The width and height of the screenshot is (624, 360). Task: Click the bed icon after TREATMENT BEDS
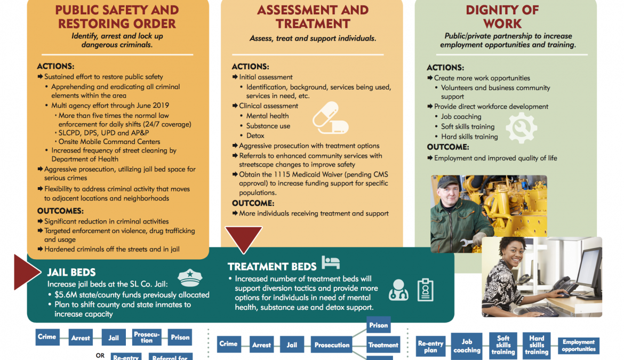[x=331, y=262]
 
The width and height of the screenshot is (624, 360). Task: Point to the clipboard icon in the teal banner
[x=425, y=290]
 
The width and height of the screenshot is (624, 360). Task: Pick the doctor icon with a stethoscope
[x=398, y=290]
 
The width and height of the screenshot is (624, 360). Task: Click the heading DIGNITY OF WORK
[x=502, y=17]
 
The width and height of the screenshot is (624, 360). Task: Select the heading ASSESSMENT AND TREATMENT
[x=313, y=17]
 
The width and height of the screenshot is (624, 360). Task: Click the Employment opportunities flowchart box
[x=578, y=346]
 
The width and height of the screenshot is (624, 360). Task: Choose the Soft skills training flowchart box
[x=503, y=345]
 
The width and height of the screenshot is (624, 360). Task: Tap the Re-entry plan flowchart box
[x=430, y=347]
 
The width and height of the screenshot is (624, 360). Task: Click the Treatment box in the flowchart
[x=383, y=345]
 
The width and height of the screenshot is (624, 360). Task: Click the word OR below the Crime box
[x=100, y=355]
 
